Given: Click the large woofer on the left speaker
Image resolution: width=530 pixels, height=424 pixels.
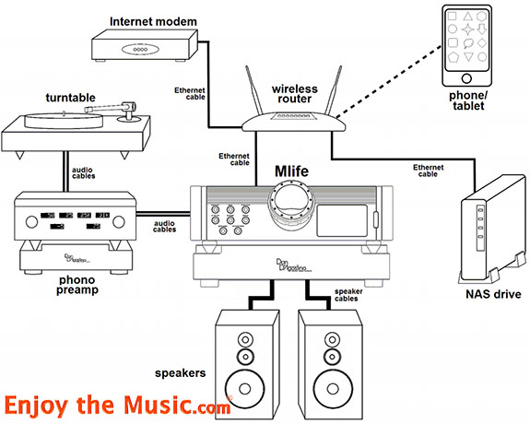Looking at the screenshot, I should click(x=245, y=384).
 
